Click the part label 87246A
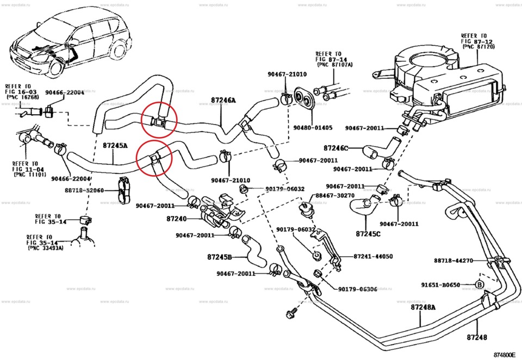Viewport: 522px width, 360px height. tap(223, 101)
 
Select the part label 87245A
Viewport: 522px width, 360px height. tap(115, 146)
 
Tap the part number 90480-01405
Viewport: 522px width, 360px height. tap(313, 128)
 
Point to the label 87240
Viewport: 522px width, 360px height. tap(176, 219)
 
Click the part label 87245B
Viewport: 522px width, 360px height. tap(219, 257)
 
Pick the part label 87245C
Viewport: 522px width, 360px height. tap(368, 234)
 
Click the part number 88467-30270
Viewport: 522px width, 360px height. tap(335, 196)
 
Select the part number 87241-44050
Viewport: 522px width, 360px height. tap(373, 256)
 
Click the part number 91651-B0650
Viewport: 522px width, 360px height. tap(440, 284)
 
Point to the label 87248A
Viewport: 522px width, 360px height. tap(423, 307)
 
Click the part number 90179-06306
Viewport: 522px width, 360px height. tap(357, 289)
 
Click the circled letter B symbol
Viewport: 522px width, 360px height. tap(480, 284)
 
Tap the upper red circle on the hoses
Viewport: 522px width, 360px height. tap(159, 120)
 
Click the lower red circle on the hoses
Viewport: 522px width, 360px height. tap(154, 158)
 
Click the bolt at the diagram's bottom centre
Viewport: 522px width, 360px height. tap(289, 314)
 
